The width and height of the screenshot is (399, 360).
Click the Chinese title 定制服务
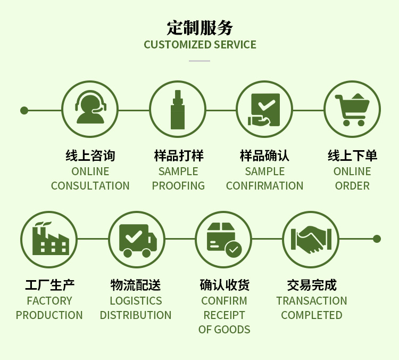pos(199,27)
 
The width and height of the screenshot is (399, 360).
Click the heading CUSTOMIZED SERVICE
pos(199,45)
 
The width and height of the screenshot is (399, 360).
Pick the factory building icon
pos(49,239)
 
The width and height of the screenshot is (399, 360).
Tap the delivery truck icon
pos(137,239)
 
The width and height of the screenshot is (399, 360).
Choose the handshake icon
pos(311,239)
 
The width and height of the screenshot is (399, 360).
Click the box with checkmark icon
pos(224,239)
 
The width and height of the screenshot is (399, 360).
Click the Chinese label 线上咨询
pos(90,156)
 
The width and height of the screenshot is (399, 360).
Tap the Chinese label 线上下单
pos(352,156)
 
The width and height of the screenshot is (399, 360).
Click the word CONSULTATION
pos(90,186)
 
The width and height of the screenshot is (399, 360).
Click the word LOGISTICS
pos(136,301)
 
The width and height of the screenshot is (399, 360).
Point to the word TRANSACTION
pos(311,301)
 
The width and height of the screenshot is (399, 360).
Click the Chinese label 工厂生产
pos(49,285)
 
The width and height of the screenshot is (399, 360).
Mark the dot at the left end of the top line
pos(24,111)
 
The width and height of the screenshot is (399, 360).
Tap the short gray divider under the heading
pos(199,61)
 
